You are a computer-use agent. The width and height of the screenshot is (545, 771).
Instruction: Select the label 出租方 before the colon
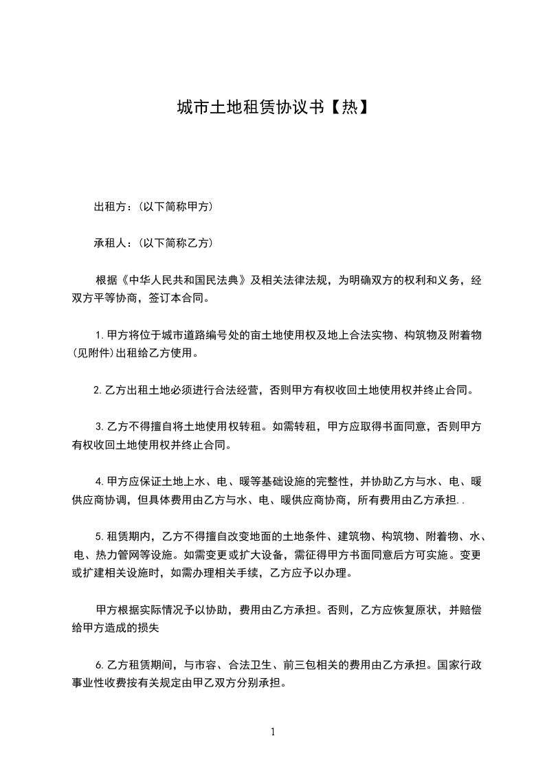point(111,206)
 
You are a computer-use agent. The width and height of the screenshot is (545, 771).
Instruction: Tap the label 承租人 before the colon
point(111,243)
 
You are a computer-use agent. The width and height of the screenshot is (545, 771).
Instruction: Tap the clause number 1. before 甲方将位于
point(101,335)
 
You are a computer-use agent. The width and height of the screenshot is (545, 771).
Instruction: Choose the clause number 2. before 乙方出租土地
point(98,390)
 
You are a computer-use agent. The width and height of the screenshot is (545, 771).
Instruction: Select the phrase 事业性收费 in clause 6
point(101,684)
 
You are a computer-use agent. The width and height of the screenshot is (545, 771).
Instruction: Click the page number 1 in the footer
point(273,732)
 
